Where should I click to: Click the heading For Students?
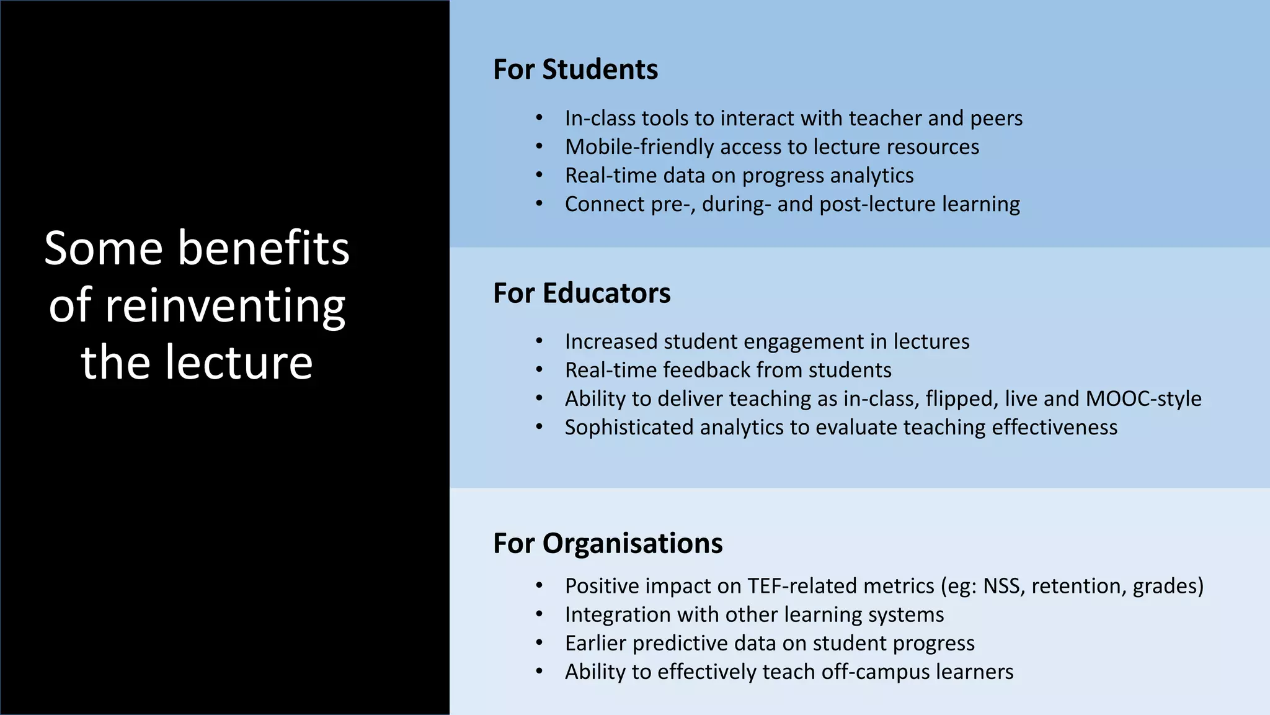(575, 69)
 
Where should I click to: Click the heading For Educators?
(581, 293)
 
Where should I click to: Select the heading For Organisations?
(607, 543)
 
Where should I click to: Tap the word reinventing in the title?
(226, 306)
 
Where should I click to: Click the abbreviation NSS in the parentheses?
(1003, 586)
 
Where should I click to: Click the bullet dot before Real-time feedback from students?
(540, 371)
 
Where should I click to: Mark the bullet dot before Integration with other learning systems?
(540, 615)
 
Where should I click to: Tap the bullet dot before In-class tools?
(540, 118)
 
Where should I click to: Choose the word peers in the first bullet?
(996, 119)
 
